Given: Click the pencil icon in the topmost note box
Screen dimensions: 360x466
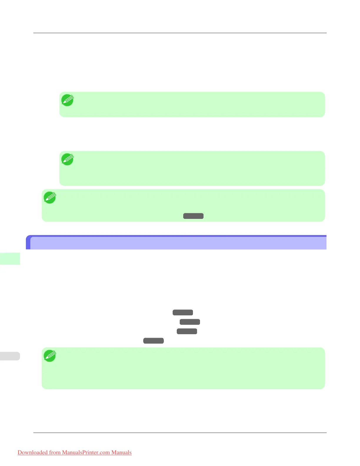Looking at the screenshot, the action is point(67,100).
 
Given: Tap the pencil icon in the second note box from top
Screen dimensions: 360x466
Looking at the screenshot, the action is point(67,159).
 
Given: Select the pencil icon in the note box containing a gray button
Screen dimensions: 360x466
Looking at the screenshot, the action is point(50,198).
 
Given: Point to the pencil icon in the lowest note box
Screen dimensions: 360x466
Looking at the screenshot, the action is point(50,356).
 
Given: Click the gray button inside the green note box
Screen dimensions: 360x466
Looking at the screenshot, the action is point(193,216).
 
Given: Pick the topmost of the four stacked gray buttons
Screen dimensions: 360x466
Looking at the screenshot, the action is point(183,312).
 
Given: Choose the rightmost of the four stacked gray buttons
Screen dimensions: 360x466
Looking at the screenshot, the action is point(190,322).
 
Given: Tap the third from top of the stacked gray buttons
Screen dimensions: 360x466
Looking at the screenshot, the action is point(187,331).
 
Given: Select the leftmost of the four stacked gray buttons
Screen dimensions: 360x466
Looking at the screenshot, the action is point(153,341).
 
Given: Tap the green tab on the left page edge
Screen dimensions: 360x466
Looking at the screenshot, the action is point(10,259).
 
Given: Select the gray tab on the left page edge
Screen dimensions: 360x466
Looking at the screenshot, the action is point(10,356).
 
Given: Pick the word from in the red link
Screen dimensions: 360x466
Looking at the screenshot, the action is point(55,452).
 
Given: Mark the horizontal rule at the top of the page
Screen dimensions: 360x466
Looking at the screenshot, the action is point(180,33).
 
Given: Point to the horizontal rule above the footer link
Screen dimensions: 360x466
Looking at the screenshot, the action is point(180,432).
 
